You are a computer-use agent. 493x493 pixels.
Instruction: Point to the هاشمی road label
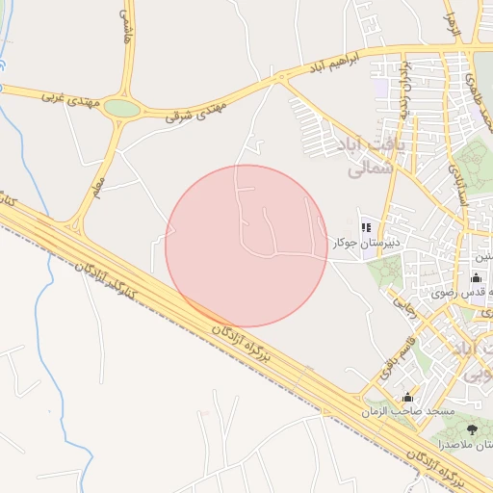coord(126,28)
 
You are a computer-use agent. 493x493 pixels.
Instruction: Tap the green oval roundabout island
coord(122,109)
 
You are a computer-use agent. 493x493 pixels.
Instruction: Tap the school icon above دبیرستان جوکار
coord(366,227)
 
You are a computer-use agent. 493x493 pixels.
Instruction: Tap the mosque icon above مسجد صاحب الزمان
coord(407,397)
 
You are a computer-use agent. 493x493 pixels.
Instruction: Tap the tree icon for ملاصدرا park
coord(472,429)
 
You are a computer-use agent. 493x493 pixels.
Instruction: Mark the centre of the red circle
coord(246,246)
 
